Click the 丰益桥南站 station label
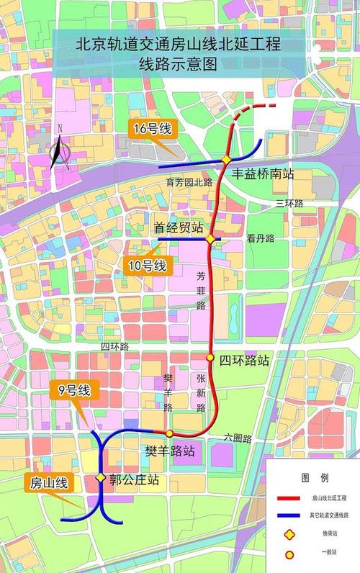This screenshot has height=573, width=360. point(262,175)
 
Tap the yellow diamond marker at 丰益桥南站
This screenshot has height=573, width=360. point(226,159)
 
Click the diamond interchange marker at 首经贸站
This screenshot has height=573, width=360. point(210,239)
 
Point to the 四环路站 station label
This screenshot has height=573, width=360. point(244,360)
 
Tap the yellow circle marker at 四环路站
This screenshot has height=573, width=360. point(210,357)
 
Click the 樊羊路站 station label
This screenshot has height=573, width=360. point(170,452)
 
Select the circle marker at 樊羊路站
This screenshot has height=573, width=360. point(169,433)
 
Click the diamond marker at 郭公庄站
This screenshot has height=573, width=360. point(101,478)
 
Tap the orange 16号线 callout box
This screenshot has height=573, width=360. point(151,130)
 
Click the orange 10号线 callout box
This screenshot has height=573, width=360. point(147,266)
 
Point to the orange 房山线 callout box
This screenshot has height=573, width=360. point(48,483)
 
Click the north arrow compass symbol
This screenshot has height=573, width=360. point(60,149)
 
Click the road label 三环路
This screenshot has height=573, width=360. point(289,204)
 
